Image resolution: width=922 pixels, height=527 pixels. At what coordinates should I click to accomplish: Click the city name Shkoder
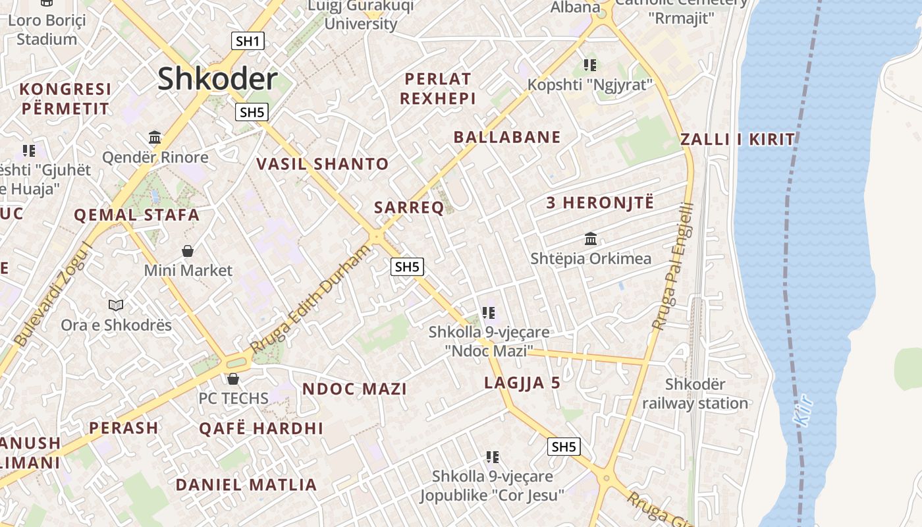tap(217, 79)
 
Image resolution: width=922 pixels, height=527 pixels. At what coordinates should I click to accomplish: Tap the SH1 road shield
tap(248, 41)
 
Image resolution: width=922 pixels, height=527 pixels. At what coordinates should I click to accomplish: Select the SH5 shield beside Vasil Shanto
tap(252, 112)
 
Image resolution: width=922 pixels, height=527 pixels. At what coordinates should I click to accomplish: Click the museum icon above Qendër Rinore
tap(155, 137)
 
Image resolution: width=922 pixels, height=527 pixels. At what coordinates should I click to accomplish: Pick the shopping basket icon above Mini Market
tap(188, 251)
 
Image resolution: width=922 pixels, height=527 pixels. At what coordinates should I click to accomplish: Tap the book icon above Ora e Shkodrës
tap(116, 305)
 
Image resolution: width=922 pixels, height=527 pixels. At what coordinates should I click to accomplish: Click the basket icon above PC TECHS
tap(232, 379)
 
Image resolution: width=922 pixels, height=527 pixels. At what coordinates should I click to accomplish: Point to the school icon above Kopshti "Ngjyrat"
tap(590, 65)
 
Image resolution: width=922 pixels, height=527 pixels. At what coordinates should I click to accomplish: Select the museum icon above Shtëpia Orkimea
tap(591, 238)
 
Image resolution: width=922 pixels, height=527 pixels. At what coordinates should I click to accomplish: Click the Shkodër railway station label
tap(695, 394)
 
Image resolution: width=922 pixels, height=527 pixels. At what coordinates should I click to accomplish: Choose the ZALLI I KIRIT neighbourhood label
tap(738, 139)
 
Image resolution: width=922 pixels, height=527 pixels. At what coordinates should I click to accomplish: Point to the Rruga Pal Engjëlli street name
tap(673, 266)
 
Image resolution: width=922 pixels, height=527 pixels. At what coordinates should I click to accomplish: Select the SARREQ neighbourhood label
tap(409, 208)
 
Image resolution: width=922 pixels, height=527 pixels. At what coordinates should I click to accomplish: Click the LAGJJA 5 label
tap(522, 383)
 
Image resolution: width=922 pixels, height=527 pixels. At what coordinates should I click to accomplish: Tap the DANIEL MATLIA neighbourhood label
tap(246, 485)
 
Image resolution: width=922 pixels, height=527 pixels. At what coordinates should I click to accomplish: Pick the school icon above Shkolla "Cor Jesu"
tap(492, 457)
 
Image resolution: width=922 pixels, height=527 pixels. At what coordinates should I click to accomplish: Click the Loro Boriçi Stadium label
tap(47, 30)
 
